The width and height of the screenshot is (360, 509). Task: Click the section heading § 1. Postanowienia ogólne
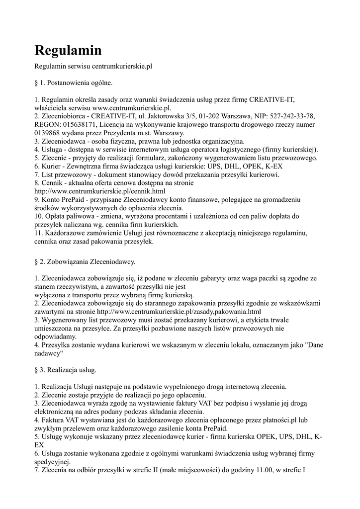pyautogui.click(x=74, y=82)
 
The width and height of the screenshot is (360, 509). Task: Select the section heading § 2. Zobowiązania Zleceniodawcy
pyautogui.click(x=85, y=261)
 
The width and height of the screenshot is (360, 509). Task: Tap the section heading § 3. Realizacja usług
pyautogui.click(x=66, y=370)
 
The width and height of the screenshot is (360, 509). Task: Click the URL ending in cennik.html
pyautogui.click(x=99, y=191)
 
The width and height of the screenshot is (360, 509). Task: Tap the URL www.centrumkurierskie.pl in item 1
pyautogui.click(x=131, y=107)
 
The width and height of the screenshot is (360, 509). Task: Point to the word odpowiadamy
pyautogui.click(x=56, y=336)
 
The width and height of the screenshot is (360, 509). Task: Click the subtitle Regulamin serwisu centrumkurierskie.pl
pyautogui.click(x=92, y=66)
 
